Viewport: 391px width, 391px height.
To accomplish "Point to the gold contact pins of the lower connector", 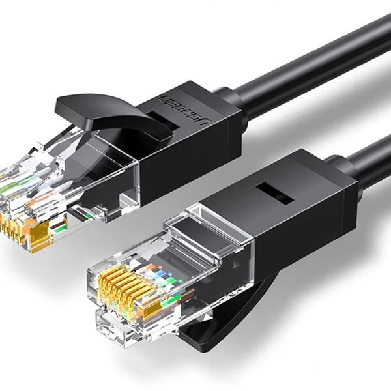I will [x=121, y=273].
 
